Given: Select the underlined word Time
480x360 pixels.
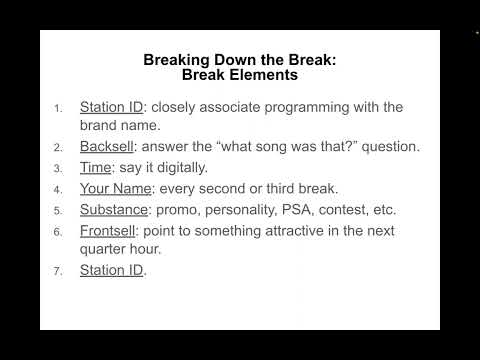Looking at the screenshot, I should [96, 168].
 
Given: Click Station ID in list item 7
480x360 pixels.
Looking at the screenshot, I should [112, 270].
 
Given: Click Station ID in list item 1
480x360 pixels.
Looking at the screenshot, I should [112, 107].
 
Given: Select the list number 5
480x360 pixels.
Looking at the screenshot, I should [58, 211].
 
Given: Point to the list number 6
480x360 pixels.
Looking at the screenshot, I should [58, 232].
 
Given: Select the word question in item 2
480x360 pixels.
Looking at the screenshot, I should [389, 147].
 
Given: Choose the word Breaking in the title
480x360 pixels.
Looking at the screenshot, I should [177, 59].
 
